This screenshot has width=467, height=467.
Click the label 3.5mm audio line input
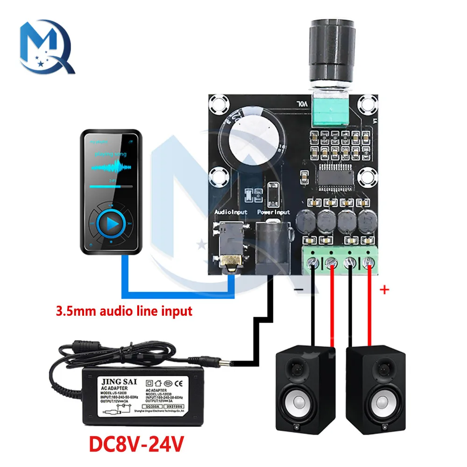tap(124, 311)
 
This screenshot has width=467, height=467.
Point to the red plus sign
tap(385, 290)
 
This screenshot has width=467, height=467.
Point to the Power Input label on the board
tap(274, 212)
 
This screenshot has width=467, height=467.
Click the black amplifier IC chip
tap(337, 176)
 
